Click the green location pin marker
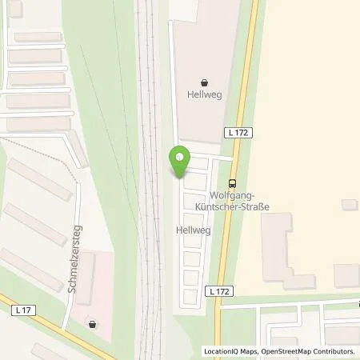tap(179, 162)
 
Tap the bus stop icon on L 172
tap(232, 182)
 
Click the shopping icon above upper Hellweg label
tap(204, 82)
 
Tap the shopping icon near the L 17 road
tap(93, 324)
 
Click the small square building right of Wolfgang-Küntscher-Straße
tap(349, 205)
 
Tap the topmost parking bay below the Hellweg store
tap(198, 164)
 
